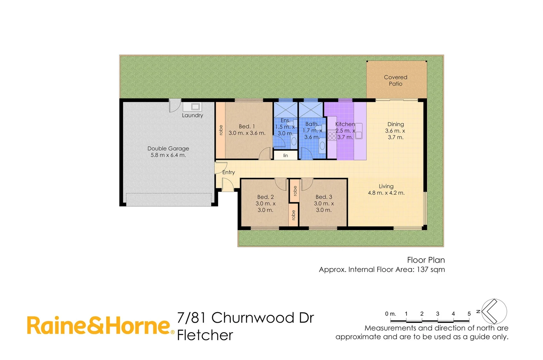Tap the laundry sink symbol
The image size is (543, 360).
[195, 107]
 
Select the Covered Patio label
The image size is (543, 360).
[396, 80]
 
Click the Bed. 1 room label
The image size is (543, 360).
[247, 127]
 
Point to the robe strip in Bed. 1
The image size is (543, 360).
[220, 130]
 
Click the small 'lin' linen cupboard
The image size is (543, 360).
[286, 156]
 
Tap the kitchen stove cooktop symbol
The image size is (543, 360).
[332, 136]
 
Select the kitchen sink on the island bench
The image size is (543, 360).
[359, 131]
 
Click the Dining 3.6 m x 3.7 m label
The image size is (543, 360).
[395, 131]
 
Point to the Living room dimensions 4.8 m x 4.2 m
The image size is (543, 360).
[386, 193]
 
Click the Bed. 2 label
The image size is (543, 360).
[265, 197]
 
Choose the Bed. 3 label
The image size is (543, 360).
[324, 197]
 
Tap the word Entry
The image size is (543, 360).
[228, 172]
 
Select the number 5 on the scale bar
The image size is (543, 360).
[469, 314]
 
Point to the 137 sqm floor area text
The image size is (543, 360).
[431, 269]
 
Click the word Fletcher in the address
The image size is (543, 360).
[205, 335]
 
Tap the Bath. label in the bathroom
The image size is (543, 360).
[312, 124]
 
